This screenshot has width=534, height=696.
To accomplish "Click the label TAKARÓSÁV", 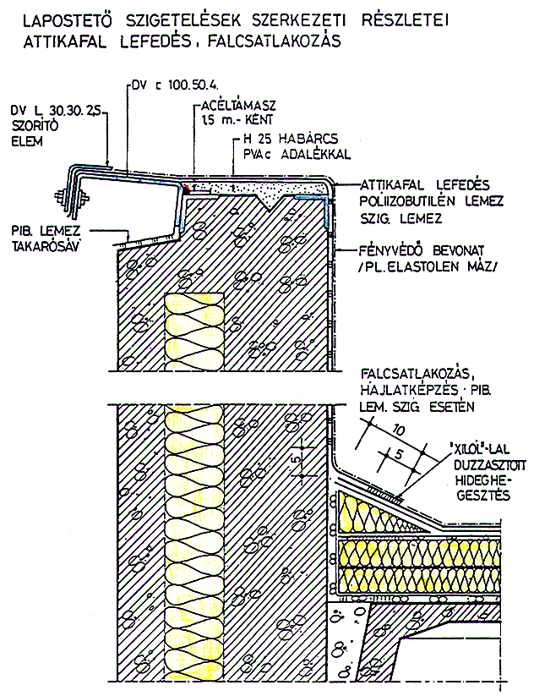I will (48, 244).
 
